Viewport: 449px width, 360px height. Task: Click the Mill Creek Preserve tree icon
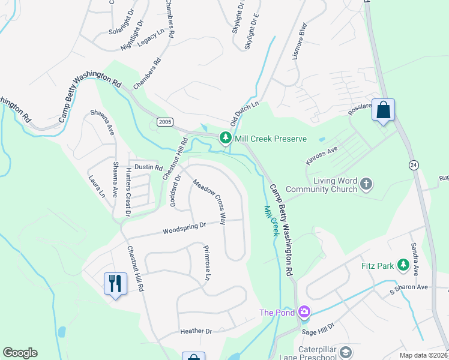[226, 139]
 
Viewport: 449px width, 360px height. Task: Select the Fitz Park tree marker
[403, 265]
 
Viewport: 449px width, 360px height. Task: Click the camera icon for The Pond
[304, 311]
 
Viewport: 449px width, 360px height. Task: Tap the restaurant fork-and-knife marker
[114, 283]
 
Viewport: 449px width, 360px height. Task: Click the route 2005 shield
[165, 122]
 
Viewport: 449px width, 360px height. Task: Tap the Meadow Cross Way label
[209, 202]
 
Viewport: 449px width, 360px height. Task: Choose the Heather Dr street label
[196, 331]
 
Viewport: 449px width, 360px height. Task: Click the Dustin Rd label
[148, 167]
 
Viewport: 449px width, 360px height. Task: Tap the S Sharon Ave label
[409, 287]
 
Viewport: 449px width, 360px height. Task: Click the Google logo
[20, 353]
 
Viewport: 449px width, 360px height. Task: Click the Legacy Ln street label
[151, 37]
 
